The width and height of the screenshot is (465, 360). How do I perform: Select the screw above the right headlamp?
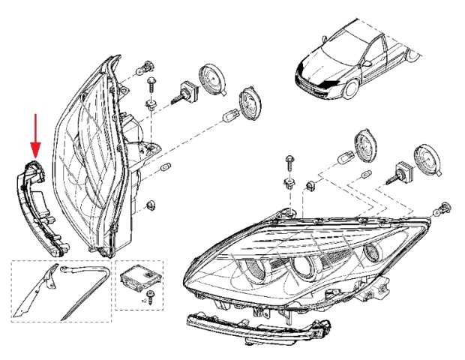pos(289,160)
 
